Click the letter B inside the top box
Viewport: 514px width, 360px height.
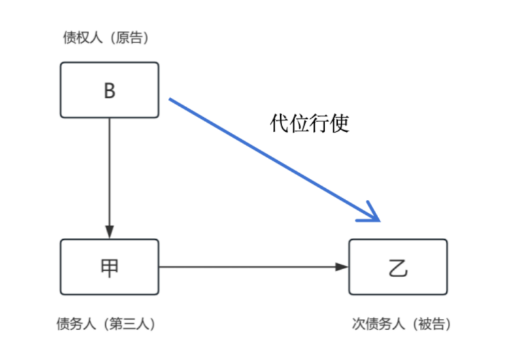point(109,91)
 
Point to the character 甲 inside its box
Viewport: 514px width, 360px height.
point(109,267)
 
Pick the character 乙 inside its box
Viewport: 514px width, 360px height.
point(398,267)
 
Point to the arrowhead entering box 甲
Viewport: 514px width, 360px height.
point(109,233)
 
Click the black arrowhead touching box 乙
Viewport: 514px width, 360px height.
point(342,267)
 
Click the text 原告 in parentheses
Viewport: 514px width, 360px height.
point(131,38)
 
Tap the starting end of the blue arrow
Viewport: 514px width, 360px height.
point(171,100)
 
